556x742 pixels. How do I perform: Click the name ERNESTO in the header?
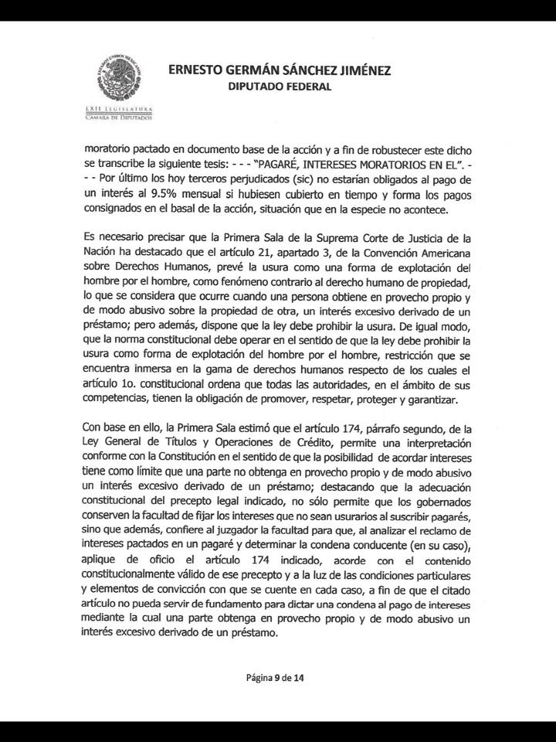coord(197,70)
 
